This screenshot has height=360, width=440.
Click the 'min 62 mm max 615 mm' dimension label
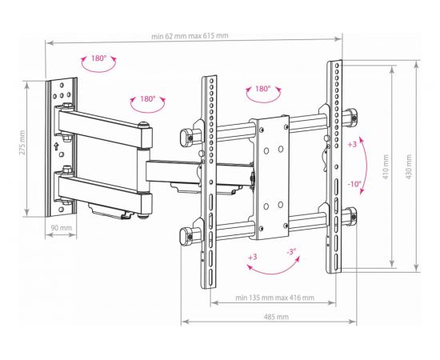click(x=190, y=36)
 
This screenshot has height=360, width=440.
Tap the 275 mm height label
click(x=22, y=142)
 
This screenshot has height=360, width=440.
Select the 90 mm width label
click(x=61, y=227)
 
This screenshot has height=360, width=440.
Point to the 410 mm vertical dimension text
click(x=386, y=166)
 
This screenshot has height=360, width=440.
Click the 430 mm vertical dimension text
click(x=409, y=166)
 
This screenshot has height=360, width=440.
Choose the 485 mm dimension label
click(x=276, y=317)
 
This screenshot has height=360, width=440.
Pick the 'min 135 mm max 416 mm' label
click(x=274, y=298)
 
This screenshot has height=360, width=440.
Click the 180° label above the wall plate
click(x=98, y=58)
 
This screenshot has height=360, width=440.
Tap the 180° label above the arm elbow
click(x=148, y=98)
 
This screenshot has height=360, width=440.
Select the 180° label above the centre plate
click(x=262, y=89)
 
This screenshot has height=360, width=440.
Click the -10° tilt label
click(x=354, y=184)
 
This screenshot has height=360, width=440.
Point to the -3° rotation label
click(x=291, y=252)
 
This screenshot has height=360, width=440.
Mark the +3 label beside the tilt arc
click(x=352, y=144)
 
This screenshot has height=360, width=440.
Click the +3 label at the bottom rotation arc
click(x=253, y=257)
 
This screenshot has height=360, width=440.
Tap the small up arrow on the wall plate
click(x=56, y=146)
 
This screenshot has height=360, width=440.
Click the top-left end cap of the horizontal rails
click(x=186, y=138)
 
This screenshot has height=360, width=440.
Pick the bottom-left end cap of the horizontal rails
click(x=186, y=236)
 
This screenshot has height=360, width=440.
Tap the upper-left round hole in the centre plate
click(x=266, y=151)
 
